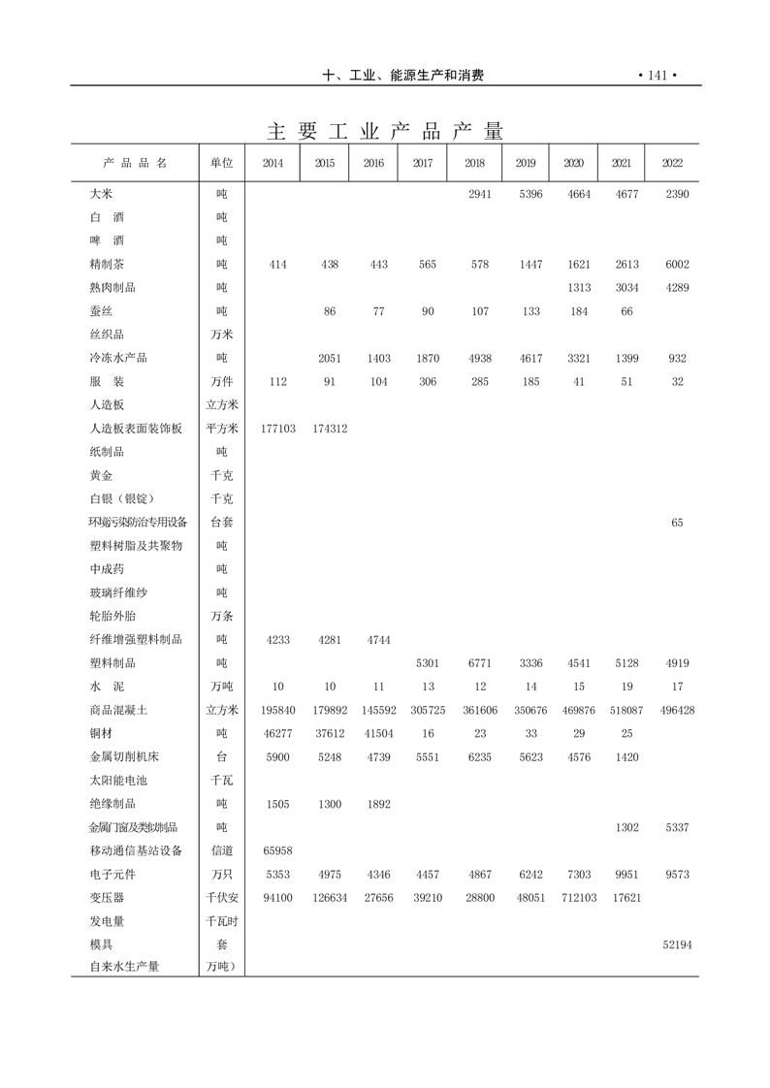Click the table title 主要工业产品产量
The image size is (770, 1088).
pyautogui.click(x=385, y=131)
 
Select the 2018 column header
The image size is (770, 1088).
pyautogui.click(x=474, y=163)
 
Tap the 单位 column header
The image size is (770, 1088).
pyautogui.click(x=221, y=163)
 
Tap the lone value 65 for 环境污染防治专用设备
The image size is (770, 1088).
pyautogui.click(x=677, y=523)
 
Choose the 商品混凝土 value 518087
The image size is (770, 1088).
pyautogui.click(x=621, y=711)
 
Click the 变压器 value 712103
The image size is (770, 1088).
pyautogui.click(x=579, y=898)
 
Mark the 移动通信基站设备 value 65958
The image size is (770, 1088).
pyautogui.click(x=275, y=851)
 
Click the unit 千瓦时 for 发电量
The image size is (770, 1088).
pyautogui.click(x=221, y=921)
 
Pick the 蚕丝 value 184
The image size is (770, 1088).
pyautogui.click(x=579, y=311)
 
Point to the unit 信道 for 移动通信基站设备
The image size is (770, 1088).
pyautogui.click(x=221, y=851)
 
